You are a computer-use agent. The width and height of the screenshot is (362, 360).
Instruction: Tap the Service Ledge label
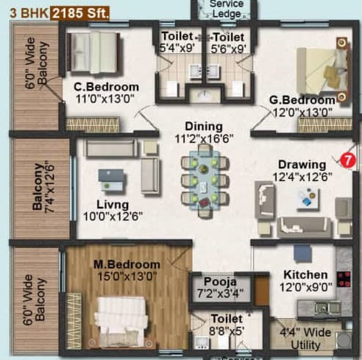coord(227,8)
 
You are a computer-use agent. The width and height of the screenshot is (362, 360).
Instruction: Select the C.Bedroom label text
coord(106,87)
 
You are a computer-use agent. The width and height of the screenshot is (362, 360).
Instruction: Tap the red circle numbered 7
coord(349,158)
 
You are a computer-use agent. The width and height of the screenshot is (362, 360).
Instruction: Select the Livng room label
coord(111,204)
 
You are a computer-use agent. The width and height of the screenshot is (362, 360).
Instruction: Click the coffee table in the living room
coord(111,176)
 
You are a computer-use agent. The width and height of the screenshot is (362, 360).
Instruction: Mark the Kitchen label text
coord(305,275)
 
